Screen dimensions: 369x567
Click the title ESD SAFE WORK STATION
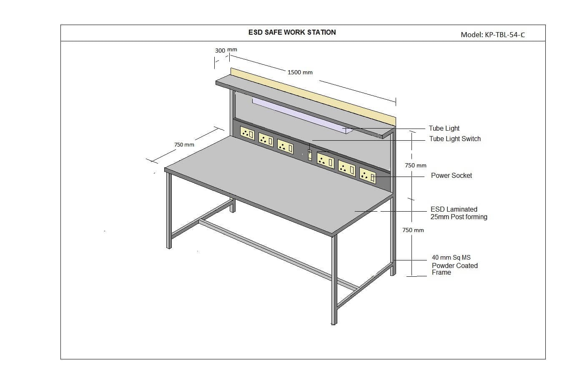(292, 32)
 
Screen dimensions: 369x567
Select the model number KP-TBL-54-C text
(492, 35)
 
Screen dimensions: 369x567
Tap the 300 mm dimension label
(226, 50)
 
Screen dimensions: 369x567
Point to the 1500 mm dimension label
(300, 72)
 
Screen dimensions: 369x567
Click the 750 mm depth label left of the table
(184, 144)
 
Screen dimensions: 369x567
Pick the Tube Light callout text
(444, 128)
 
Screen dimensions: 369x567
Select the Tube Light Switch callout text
(455, 139)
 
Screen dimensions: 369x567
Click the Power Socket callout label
(451, 175)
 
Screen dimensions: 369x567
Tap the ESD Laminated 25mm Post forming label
(459, 213)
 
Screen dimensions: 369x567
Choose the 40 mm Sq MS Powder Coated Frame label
(454, 265)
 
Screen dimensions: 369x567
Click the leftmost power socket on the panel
(247, 133)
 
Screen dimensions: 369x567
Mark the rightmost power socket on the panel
(367, 176)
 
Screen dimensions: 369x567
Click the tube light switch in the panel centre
(310, 155)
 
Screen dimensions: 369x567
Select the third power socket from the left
(285, 147)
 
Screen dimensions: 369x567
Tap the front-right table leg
(334, 280)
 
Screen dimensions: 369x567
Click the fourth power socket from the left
(325, 160)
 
